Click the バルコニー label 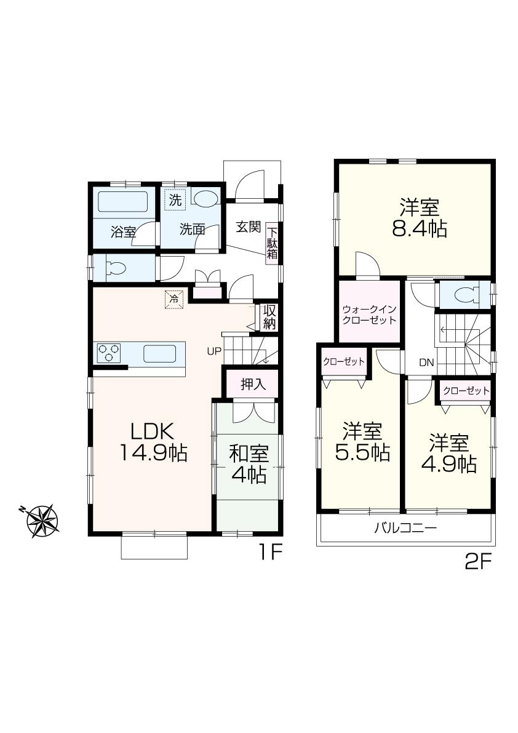[x=405, y=528]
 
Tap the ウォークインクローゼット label [x=369, y=316]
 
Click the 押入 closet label [x=253, y=385]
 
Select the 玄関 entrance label [x=248, y=226]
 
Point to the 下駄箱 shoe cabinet [x=272, y=244]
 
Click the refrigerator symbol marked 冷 [x=174, y=299]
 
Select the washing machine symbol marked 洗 [x=175, y=199]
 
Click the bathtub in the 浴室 [x=122, y=202]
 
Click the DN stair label [x=427, y=362]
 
